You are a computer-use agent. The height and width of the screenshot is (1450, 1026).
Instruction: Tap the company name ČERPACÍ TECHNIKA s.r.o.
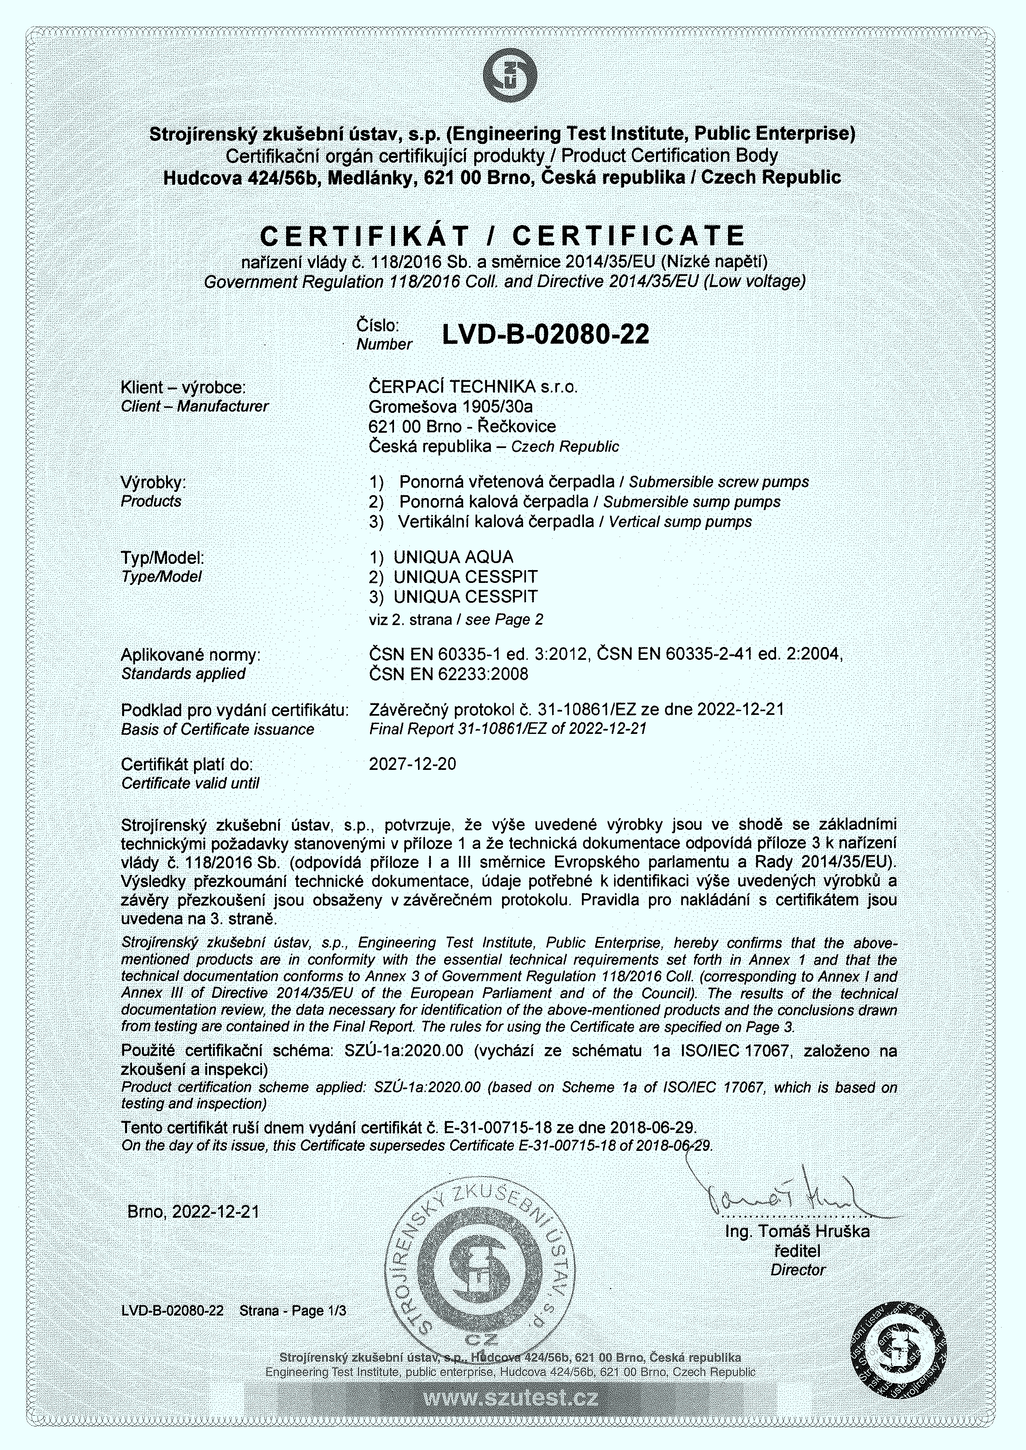[473, 386]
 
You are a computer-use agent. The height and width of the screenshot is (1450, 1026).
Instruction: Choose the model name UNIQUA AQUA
[453, 557]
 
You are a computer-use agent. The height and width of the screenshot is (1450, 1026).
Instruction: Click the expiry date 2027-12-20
[413, 764]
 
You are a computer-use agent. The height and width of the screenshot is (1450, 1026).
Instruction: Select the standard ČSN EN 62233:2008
[449, 674]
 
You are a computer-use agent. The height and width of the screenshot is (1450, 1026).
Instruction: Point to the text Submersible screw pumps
[718, 482]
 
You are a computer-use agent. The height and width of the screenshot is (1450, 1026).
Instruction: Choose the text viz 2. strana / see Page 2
[456, 620]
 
